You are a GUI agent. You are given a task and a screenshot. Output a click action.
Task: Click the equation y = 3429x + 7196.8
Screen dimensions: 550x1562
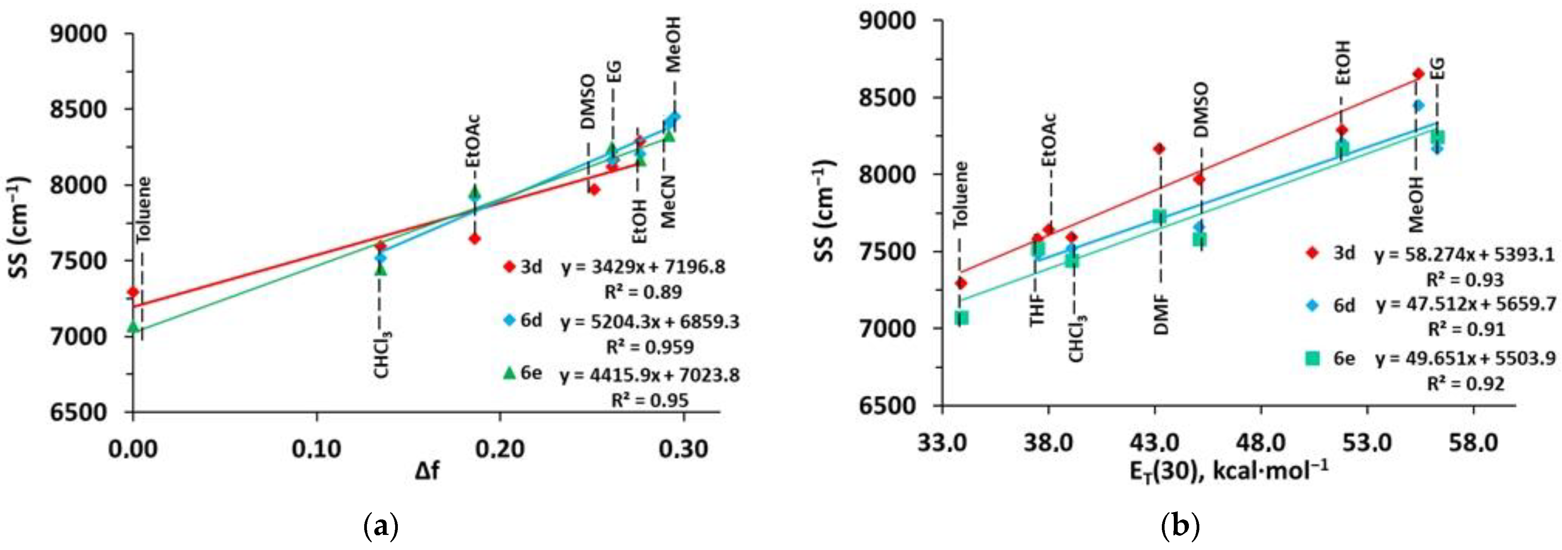click(x=643, y=267)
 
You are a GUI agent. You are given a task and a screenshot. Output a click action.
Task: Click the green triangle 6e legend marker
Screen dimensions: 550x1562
click(x=509, y=373)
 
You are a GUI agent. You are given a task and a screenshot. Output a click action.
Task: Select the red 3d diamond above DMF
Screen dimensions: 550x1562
click(x=1160, y=149)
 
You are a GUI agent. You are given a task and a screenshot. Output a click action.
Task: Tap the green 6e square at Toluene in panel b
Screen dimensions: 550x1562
click(x=961, y=318)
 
